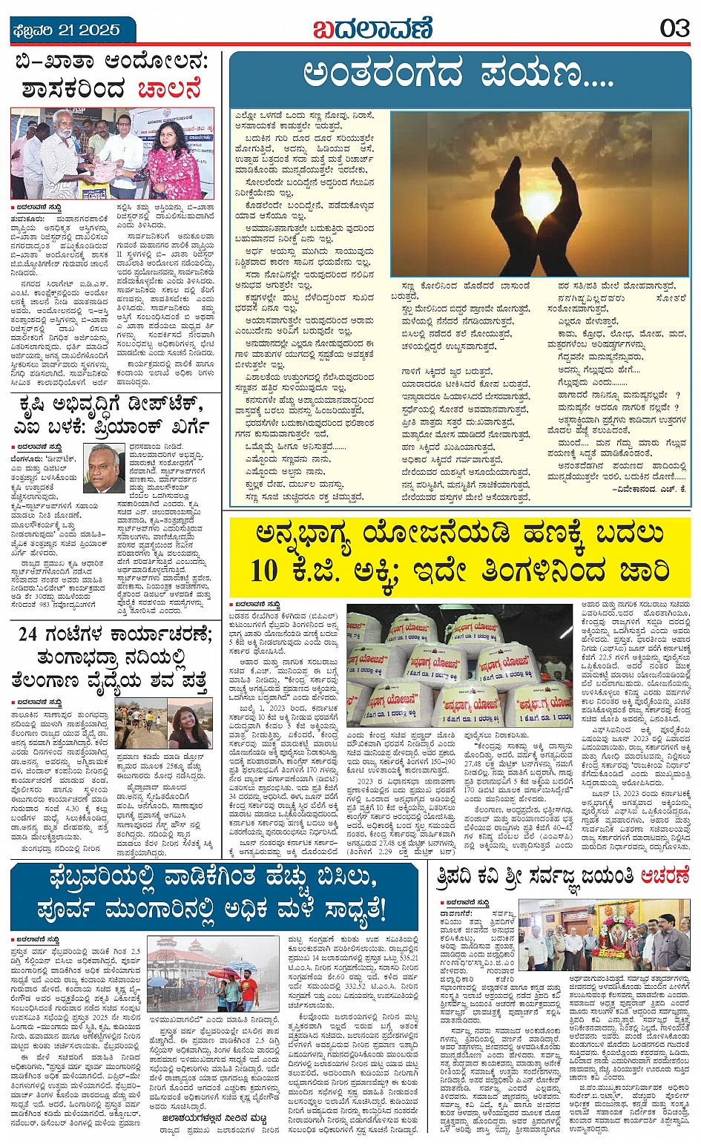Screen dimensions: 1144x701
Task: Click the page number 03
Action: tap(674, 28)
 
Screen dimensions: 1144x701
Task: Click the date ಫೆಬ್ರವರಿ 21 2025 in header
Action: tap(66, 30)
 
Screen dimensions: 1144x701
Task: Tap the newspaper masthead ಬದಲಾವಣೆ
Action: tap(372, 30)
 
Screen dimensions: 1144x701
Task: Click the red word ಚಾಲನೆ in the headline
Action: tap(170, 90)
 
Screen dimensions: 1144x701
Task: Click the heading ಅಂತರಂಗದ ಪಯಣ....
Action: tap(458, 75)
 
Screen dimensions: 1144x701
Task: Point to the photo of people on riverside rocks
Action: tap(140, 727)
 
